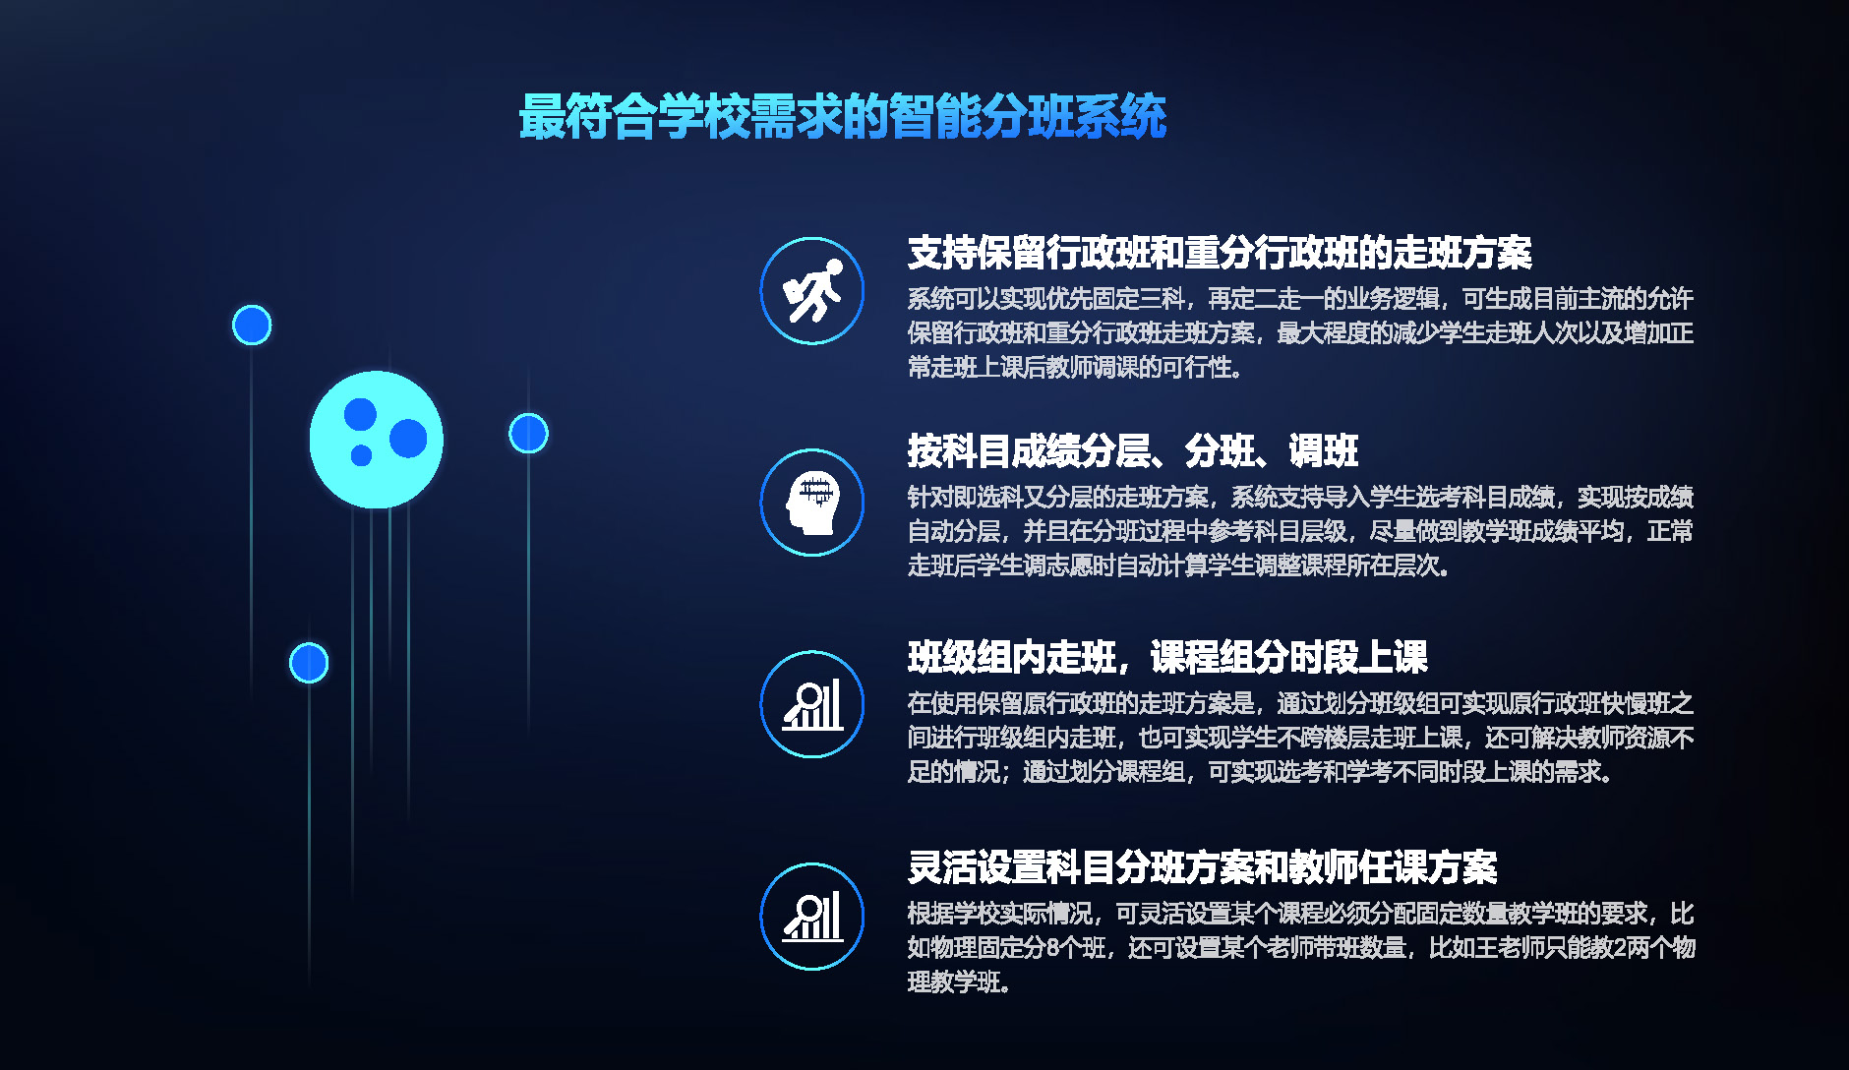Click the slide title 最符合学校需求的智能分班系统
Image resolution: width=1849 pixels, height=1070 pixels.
(x=842, y=117)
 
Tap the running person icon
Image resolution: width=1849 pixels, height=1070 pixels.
(x=812, y=291)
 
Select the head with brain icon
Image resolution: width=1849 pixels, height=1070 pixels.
(x=812, y=503)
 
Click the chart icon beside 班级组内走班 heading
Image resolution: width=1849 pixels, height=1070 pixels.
(x=812, y=704)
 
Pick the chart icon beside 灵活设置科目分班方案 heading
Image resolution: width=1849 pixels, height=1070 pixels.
(x=812, y=917)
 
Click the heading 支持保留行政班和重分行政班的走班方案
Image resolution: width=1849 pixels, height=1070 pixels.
(x=1220, y=253)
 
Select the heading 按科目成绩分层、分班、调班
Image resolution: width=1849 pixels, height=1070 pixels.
(x=1132, y=451)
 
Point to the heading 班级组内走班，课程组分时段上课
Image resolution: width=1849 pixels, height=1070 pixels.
(x=1167, y=657)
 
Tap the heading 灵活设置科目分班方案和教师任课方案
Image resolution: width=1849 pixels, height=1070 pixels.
(x=1202, y=867)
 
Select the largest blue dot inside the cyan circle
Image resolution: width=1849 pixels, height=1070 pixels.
(x=408, y=439)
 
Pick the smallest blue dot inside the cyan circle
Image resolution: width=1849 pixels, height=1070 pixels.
(x=361, y=455)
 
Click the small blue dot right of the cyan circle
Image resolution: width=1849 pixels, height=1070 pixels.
(x=528, y=433)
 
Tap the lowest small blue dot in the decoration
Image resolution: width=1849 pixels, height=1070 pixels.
(x=309, y=663)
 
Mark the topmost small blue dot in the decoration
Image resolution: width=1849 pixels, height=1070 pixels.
(x=252, y=326)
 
